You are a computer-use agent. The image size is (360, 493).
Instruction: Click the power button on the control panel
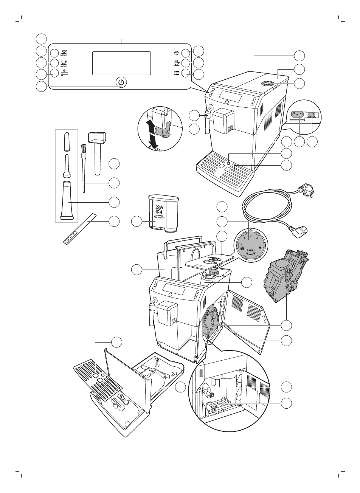coord(121,82)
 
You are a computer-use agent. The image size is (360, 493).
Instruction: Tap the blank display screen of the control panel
coord(121,63)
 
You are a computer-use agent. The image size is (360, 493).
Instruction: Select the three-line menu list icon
coord(176,73)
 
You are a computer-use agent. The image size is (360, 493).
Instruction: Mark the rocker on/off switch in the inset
coord(312,115)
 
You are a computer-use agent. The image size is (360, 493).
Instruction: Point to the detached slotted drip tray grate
coord(97,376)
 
